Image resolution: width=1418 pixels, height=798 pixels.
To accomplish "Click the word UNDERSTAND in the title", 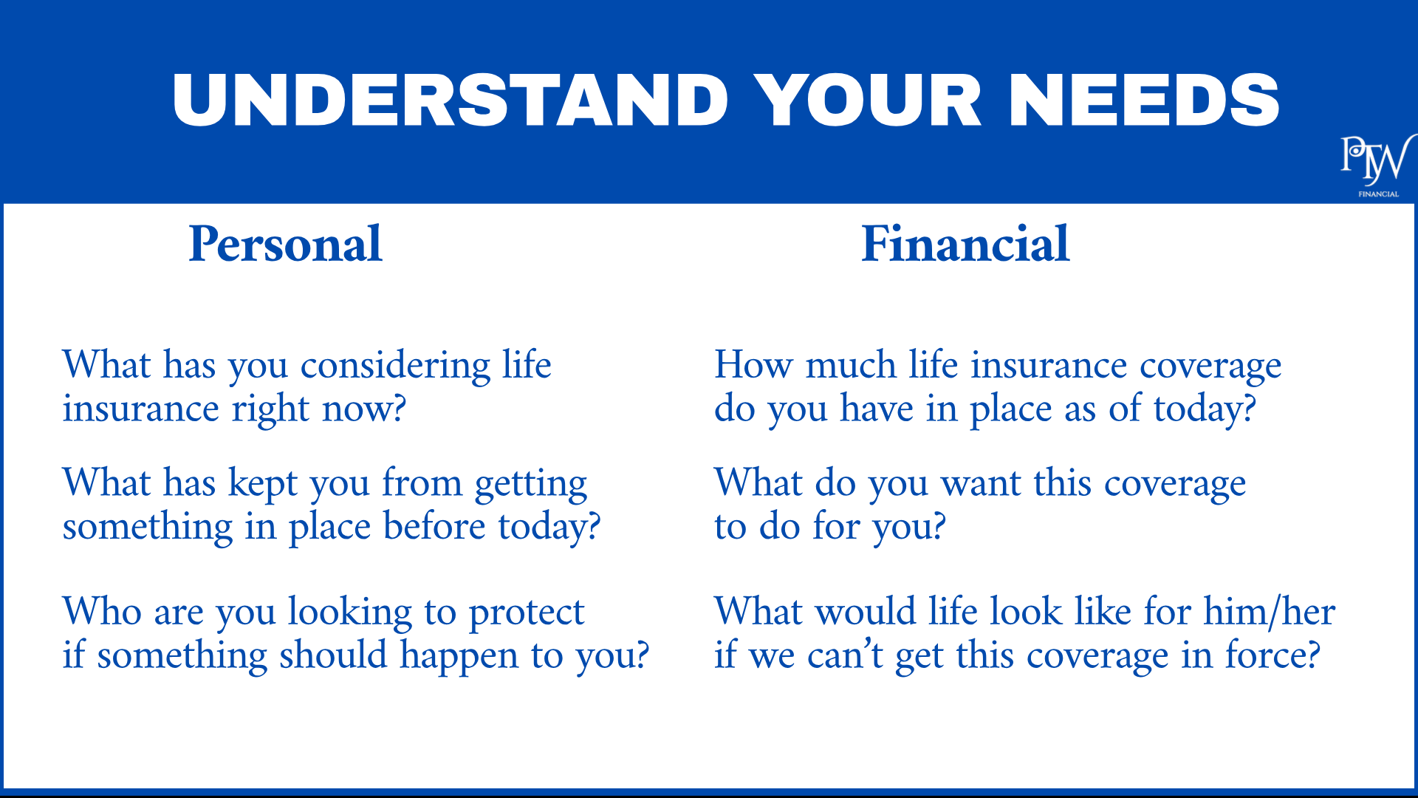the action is click(451, 100).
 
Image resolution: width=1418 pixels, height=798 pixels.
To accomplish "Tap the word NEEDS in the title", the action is click(1143, 100).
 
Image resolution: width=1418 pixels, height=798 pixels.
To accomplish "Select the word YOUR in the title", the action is click(868, 100).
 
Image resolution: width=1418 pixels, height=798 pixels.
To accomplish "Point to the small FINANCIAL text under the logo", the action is click(1378, 194).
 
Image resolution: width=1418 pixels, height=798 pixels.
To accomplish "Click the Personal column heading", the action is click(285, 244).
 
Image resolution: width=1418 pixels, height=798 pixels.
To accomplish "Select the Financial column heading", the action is click(965, 244).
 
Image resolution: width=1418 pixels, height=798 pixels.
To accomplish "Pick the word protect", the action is click(527, 613).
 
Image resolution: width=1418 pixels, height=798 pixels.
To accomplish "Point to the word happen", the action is click(459, 657).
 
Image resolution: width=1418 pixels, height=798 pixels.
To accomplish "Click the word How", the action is click(753, 365).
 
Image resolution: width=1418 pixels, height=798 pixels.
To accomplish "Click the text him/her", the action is click(1269, 612).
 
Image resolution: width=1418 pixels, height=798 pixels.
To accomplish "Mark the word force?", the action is click(1273, 655).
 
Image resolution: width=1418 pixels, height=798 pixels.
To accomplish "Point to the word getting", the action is click(531, 485).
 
